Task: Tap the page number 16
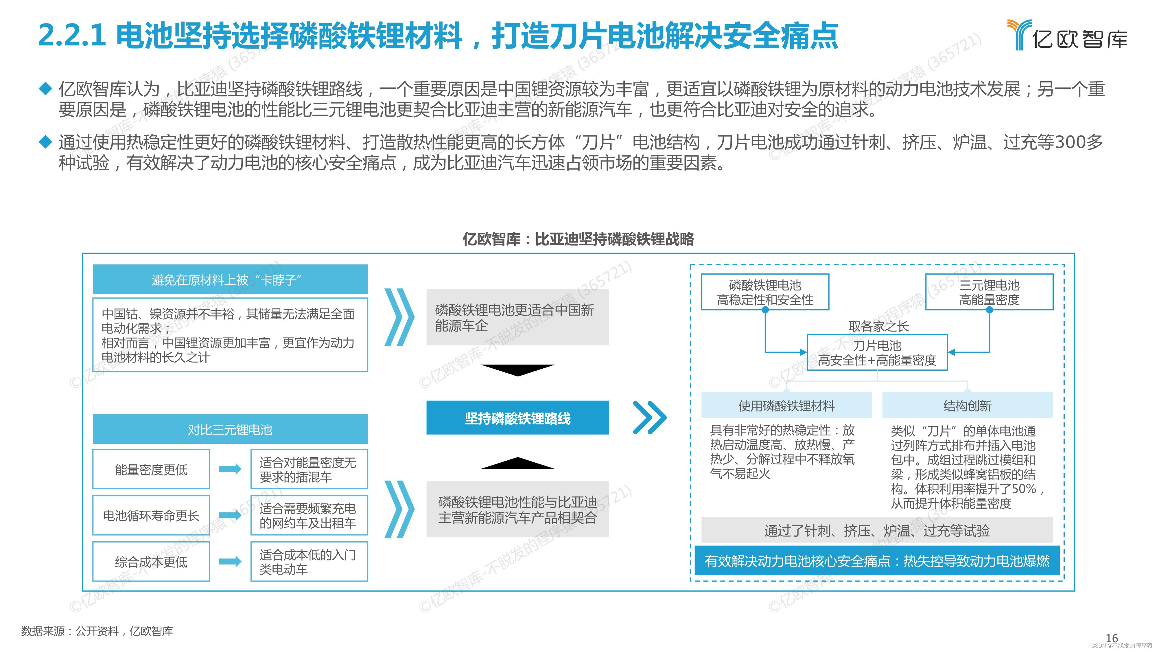click(x=1112, y=638)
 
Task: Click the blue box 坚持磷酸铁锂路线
click(x=517, y=418)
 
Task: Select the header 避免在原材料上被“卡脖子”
click(x=230, y=279)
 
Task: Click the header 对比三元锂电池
click(x=230, y=429)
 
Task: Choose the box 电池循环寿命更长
click(x=151, y=515)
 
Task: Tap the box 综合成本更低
click(x=151, y=562)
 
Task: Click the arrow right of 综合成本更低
click(x=230, y=561)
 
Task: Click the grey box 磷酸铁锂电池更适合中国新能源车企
click(x=517, y=317)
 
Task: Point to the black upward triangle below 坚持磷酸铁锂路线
click(x=517, y=463)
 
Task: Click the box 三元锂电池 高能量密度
click(x=989, y=292)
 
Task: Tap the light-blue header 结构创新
click(x=967, y=406)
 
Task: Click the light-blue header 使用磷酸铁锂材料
click(x=786, y=406)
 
